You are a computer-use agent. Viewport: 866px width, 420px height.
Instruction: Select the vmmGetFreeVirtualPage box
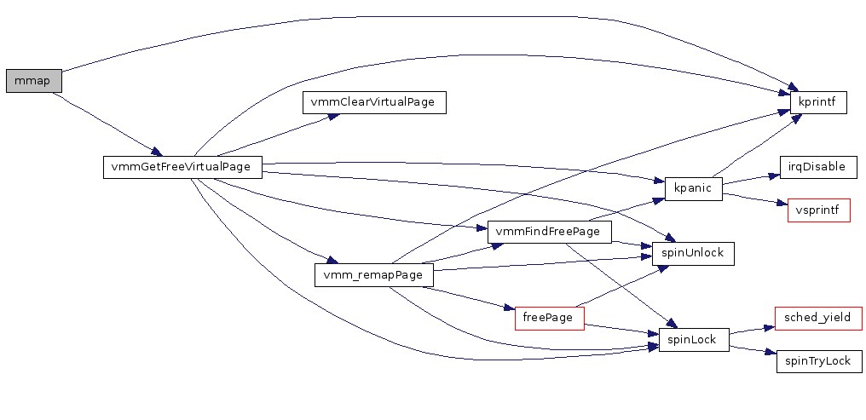(x=182, y=167)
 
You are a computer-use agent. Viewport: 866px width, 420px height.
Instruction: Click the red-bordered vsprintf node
(x=818, y=210)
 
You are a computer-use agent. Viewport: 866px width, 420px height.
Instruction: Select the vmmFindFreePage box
(x=549, y=232)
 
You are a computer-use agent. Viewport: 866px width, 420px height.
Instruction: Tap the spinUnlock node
(x=692, y=253)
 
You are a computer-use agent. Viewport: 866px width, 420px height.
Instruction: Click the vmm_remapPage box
(x=374, y=275)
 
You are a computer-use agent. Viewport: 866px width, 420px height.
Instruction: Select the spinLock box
(x=692, y=340)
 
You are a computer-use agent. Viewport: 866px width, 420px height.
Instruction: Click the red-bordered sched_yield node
(x=818, y=318)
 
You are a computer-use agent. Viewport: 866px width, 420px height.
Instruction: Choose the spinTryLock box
(x=818, y=361)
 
